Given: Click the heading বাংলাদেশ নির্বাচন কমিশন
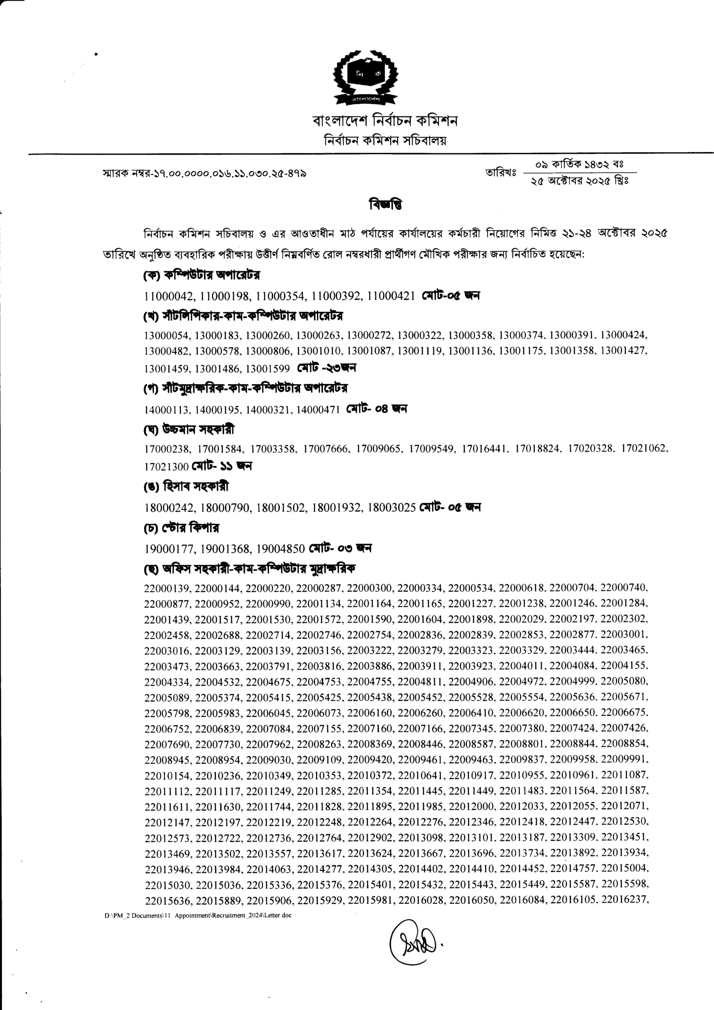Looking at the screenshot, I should tap(385, 120).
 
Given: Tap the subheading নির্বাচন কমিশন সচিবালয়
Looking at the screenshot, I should tap(385, 141).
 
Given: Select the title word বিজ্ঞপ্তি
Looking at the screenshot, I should tap(385, 205).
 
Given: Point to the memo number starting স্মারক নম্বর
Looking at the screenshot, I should tap(204, 173).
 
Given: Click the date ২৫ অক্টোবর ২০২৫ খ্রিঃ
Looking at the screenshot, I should tap(579, 181).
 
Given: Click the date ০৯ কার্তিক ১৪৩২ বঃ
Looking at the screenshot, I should tap(579, 165).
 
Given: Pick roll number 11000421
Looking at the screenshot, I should tap(391, 296).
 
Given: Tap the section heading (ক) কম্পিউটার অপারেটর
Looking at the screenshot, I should tap(202, 275).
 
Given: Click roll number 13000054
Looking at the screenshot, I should tap(167, 336).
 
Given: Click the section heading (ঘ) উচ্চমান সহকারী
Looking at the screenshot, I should tap(189, 429).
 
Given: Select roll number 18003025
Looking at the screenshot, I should tap(391, 508).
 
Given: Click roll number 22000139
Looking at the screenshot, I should tap(167, 588).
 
